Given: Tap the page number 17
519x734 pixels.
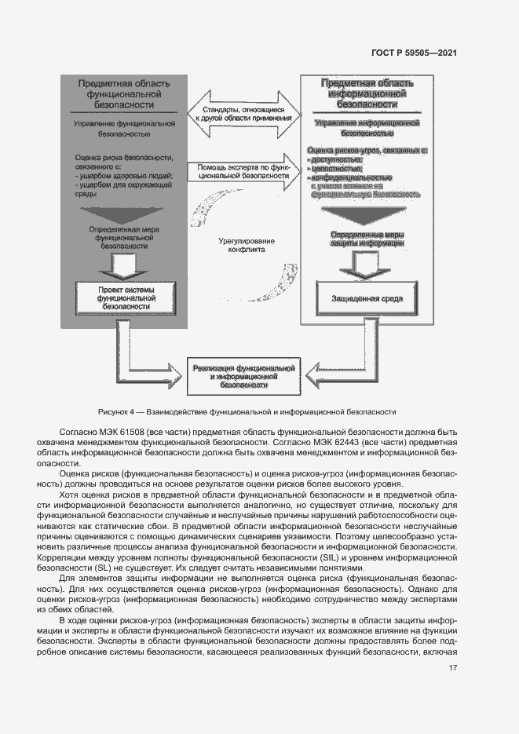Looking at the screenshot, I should (452, 668).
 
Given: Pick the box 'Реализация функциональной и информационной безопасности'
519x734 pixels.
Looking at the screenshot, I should (243, 376).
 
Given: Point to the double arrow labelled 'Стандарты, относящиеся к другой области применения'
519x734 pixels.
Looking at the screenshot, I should (243, 115).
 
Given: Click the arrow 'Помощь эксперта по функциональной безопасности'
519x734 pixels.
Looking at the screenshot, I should (243, 171).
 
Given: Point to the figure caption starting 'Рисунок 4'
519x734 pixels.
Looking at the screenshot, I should (247, 411).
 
